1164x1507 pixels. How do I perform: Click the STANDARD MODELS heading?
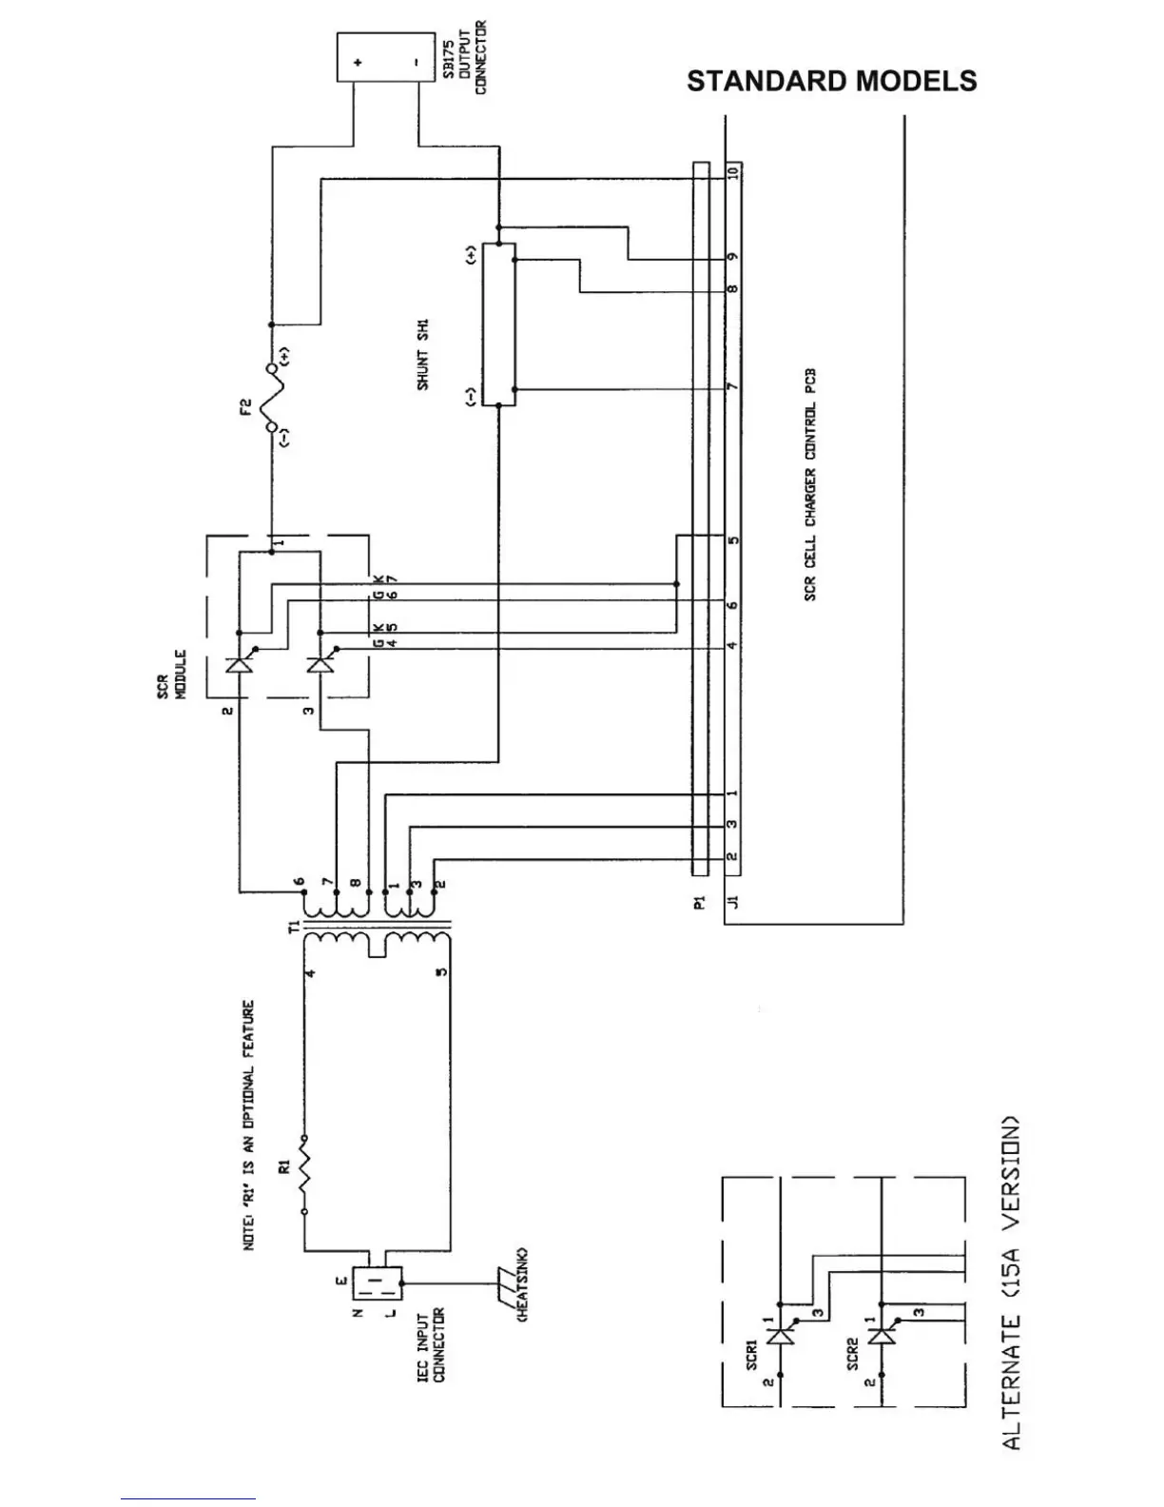831,81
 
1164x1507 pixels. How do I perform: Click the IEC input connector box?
378,1284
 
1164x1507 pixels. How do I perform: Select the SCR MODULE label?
171,675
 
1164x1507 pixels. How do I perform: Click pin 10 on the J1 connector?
732,174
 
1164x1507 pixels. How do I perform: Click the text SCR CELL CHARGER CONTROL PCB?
810,485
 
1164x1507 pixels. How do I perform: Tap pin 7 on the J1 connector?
732,387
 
